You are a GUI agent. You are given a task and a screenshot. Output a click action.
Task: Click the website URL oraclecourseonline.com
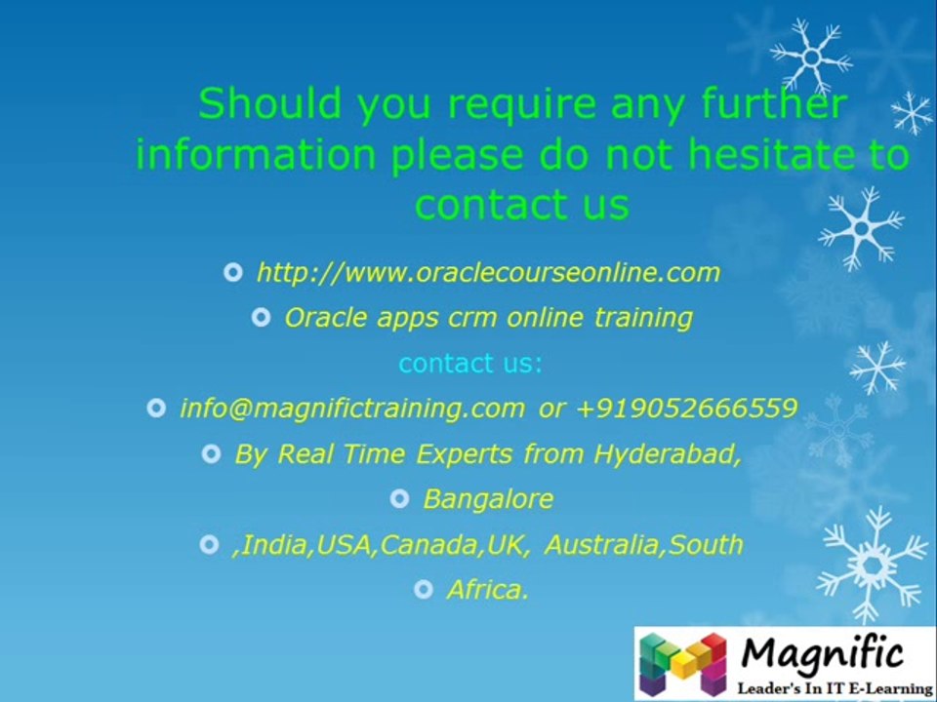pyautogui.click(x=488, y=272)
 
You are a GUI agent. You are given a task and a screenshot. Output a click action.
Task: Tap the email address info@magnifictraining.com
pyautogui.click(x=352, y=409)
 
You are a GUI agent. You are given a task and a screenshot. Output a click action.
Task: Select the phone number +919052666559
pyautogui.click(x=687, y=409)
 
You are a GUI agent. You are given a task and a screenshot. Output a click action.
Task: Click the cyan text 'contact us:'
pyautogui.click(x=470, y=364)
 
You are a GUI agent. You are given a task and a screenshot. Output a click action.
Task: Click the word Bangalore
pyautogui.click(x=488, y=499)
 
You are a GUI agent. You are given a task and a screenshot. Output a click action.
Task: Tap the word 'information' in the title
pyautogui.click(x=255, y=154)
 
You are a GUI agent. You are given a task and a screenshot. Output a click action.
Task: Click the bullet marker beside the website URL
pyautogui.click(x=232, y=272)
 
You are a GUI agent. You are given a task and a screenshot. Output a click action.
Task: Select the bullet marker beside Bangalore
pyautogui.click(x=399, y=499)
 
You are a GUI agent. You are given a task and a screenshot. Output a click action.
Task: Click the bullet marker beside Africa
pyautogui.click(x=423, y=589)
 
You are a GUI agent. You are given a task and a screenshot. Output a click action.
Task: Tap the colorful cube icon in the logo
pyautogui.click(x=683, y=663)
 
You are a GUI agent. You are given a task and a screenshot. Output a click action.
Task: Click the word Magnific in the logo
pyautogui.click(x=823, y=651)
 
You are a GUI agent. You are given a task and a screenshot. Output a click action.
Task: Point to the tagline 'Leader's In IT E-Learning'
pyautogui.click(x=835, y=687)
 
